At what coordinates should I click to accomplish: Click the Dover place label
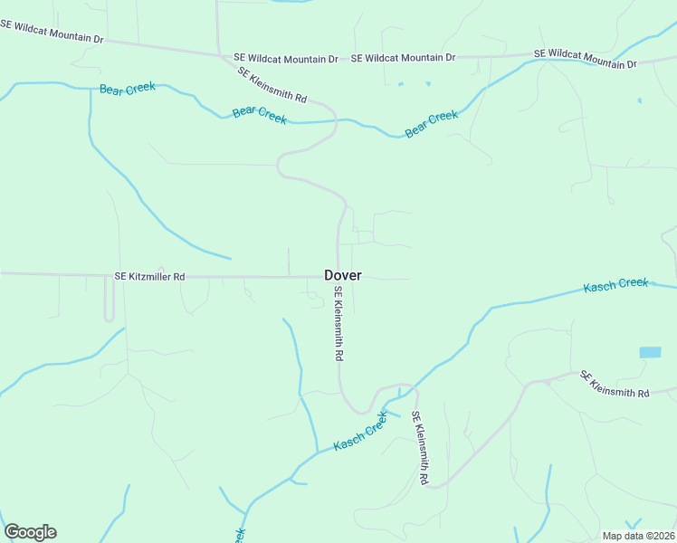[x=343, y=275]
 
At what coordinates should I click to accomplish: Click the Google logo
[x=30, y=532]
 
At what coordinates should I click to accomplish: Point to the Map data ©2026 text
[x=638, y=536]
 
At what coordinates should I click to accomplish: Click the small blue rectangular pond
[x=650, y=352]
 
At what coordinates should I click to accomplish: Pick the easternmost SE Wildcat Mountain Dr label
[x=586, y=58]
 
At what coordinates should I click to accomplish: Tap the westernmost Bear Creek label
[x=127, y=88]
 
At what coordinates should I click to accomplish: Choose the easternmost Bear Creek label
[x=432, y=124]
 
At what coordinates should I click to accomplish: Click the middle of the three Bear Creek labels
[x=260, y=114]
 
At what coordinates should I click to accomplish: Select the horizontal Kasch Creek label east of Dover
[x=615, y=285]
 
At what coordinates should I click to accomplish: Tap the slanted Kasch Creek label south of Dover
[x=361, y=433]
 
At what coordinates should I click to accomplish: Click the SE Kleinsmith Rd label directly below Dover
[x=338, y=324]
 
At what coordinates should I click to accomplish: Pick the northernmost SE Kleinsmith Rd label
[x=272, y=84]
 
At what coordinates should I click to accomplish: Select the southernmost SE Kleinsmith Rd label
[x=419, y=449]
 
